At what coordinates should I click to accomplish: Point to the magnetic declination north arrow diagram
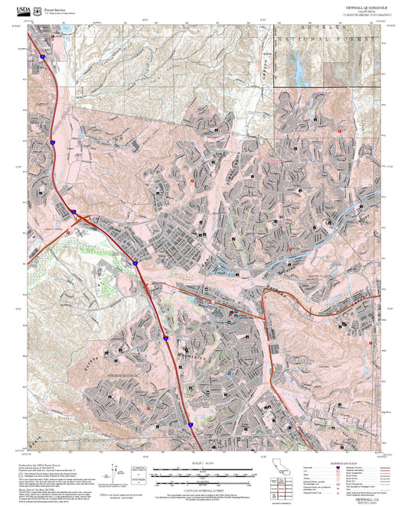(x=116, y=469)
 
